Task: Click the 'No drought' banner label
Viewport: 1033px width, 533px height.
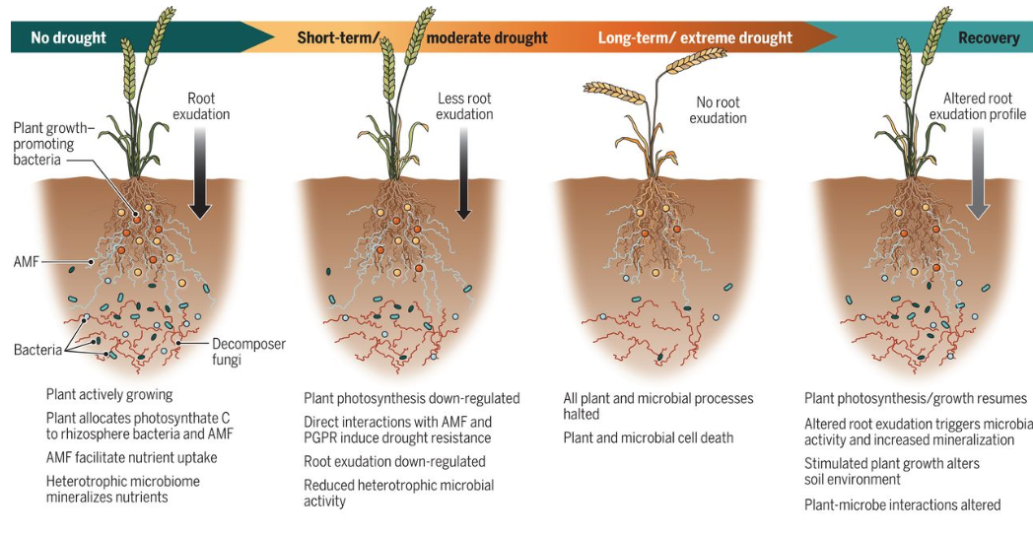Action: (x=69, y=37)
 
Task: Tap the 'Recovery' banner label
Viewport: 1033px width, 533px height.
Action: (x=989, y=37)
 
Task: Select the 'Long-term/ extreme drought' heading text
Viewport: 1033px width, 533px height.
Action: (x=695, y=37)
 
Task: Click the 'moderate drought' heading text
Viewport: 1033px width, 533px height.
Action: (x=487, y=37)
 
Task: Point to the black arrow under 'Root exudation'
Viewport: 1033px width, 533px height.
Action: (x=200, y=173)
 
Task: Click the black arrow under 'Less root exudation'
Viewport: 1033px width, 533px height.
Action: (x=464, y=173)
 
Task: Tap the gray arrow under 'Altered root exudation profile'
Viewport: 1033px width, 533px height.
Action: (x=979, y=173)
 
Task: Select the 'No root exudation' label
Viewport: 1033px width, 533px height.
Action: (x=719, y=110)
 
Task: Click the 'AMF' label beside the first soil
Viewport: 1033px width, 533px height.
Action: (x=27, y=261)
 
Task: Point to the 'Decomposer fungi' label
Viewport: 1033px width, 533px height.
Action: (x=248, y=352)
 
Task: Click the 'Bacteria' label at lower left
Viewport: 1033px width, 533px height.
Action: (x=37, y=350)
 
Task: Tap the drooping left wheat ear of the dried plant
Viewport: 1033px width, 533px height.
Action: (x=614, y=93)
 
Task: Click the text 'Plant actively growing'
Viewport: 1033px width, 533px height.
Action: (x=109, y=395)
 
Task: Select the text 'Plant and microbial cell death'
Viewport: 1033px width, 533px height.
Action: (x=649, y=438)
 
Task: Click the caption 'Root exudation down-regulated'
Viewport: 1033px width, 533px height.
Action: (x=394, y=462)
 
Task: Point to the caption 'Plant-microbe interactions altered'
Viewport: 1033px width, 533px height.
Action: (x=903, y=505)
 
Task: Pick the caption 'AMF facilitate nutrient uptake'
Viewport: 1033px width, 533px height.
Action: (x=132, y=457)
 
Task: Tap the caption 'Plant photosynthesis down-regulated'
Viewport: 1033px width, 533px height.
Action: (x=412, y=399)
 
